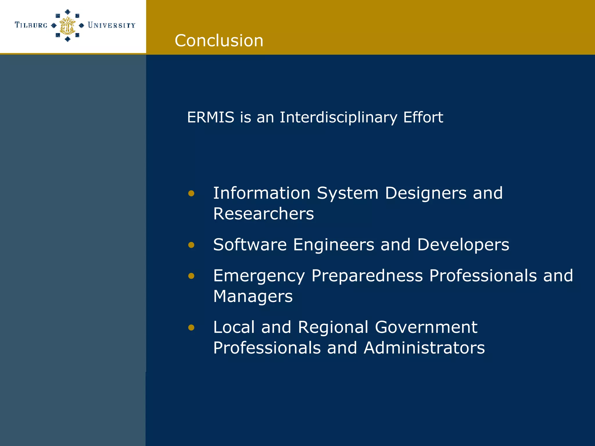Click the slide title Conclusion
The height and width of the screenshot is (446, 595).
click(x=219, y=40)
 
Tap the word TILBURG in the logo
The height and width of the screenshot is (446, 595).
click(x=31, y=25)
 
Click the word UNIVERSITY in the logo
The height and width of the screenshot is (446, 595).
click(x=112, y=25)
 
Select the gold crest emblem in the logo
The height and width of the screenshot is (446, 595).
click(x=67, y=26)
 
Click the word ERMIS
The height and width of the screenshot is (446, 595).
click(x=211, y=117)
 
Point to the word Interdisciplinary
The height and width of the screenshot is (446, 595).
click(x=338, y=117)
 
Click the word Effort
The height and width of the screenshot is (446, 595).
click(x=423, y=117)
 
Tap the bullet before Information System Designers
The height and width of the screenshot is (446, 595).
click(x=191, y=193)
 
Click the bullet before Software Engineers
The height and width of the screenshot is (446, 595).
click(x=191, y=245)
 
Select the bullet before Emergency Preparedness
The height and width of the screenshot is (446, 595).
click(x=191, y=276)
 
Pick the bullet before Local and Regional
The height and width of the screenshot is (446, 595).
click(x=191, y=328)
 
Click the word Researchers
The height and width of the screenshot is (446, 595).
click(x=264, y=214)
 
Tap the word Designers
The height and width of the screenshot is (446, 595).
click(x=426, y=193)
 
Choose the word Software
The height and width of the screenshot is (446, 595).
click(x=250, y=245)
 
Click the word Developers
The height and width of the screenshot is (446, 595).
click(x=463, y=245)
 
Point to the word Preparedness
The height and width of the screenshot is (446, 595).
click(x=367, y=276)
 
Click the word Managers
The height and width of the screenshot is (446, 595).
click(x=253, y=296)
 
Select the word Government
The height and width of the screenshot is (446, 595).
click(x=426, y=328)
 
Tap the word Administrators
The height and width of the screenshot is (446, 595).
click(x=424, y=348)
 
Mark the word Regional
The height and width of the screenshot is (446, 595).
click(x=333, y=328)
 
